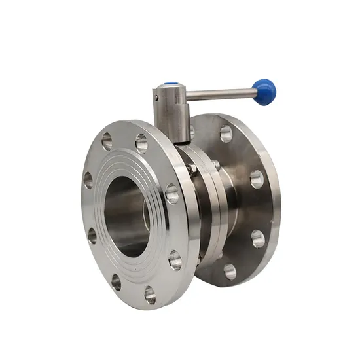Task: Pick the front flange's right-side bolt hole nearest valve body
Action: coord(171,193)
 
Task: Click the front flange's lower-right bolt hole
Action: coord(175,260)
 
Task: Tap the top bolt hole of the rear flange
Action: coord(226,134)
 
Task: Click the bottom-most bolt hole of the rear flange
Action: coord(229,270)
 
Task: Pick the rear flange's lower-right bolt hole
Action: coord(258,238)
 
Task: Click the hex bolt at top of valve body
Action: coord(191,169)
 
